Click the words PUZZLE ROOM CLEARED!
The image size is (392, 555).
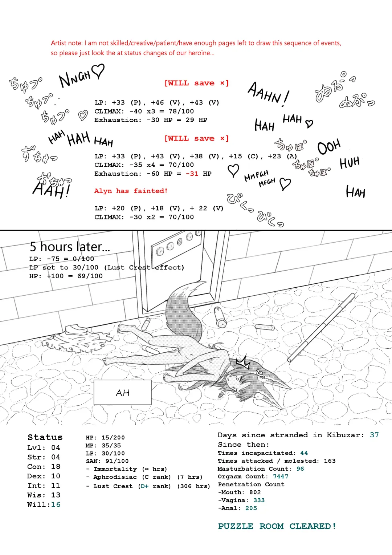(x=277, y=526)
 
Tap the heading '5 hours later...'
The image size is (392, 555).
(x=70, y=247)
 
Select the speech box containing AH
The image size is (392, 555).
(x=123, y=393)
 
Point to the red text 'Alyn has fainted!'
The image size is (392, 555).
(x=131, y=191)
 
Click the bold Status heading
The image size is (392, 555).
(x=45, y=437)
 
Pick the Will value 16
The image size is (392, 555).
(x=56, y=505)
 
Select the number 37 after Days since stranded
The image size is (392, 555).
(x=374, y=435)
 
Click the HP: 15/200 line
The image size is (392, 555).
(x=105, y=438)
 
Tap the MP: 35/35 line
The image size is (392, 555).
(x=103, y=446)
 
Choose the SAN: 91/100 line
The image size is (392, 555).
(x=107, y=461)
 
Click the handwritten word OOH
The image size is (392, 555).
(x=329, y=147)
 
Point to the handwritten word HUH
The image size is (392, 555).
(x=350, y=163)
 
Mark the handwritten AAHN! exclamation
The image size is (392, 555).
(x=268, y=94)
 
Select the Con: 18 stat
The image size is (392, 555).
(x=44, y=467)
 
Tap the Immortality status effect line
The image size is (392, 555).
(x=126, y=469)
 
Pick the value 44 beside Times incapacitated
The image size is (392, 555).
(x=304, y=453)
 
